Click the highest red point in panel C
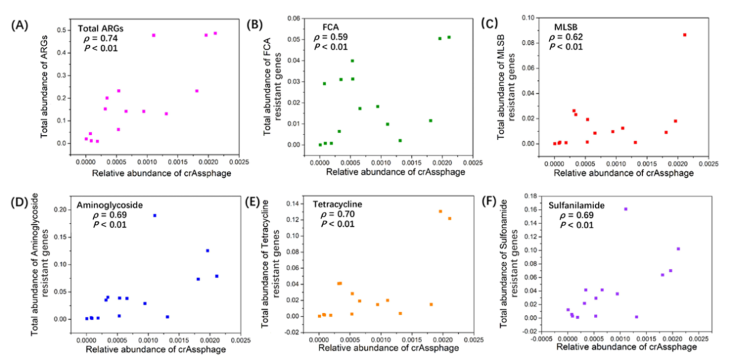684,35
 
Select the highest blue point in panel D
154,215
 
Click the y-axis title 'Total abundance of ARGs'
46,86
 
